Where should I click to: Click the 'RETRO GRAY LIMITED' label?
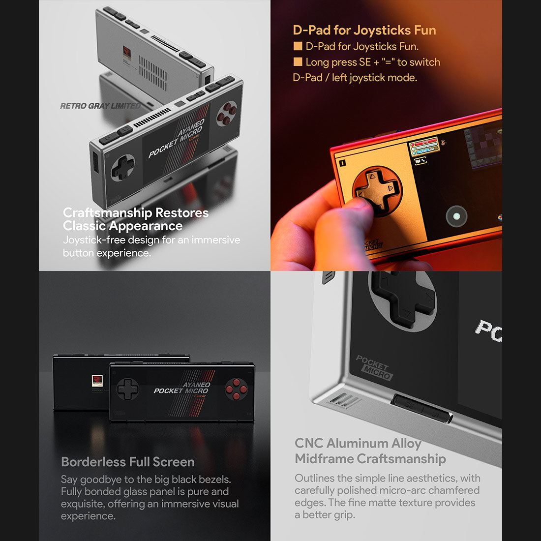click(100, 106)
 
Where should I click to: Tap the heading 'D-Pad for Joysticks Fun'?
click(364, 30)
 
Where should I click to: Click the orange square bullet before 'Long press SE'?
click(298, 62)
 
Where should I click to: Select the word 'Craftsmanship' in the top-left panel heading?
click(107, 213)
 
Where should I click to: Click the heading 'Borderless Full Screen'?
click(128, 462)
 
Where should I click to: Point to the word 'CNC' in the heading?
click(309, 443)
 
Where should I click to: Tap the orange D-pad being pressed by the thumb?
click(377, 190)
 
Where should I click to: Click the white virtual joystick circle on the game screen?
click(456, 216)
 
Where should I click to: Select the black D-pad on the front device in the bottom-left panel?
click(128, 389)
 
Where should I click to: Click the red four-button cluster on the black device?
click(237, 389)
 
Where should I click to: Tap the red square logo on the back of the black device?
click(97, 381)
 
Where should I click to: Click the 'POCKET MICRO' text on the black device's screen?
click(181, 388)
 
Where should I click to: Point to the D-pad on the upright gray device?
click(123, 168)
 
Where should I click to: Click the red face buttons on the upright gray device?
click(227, 114)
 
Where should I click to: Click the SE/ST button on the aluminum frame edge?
click(421, 409)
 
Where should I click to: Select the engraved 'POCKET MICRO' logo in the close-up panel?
click(374, 368)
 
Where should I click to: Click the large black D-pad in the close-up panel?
click(402, 299)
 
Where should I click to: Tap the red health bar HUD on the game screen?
click(423, 147)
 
